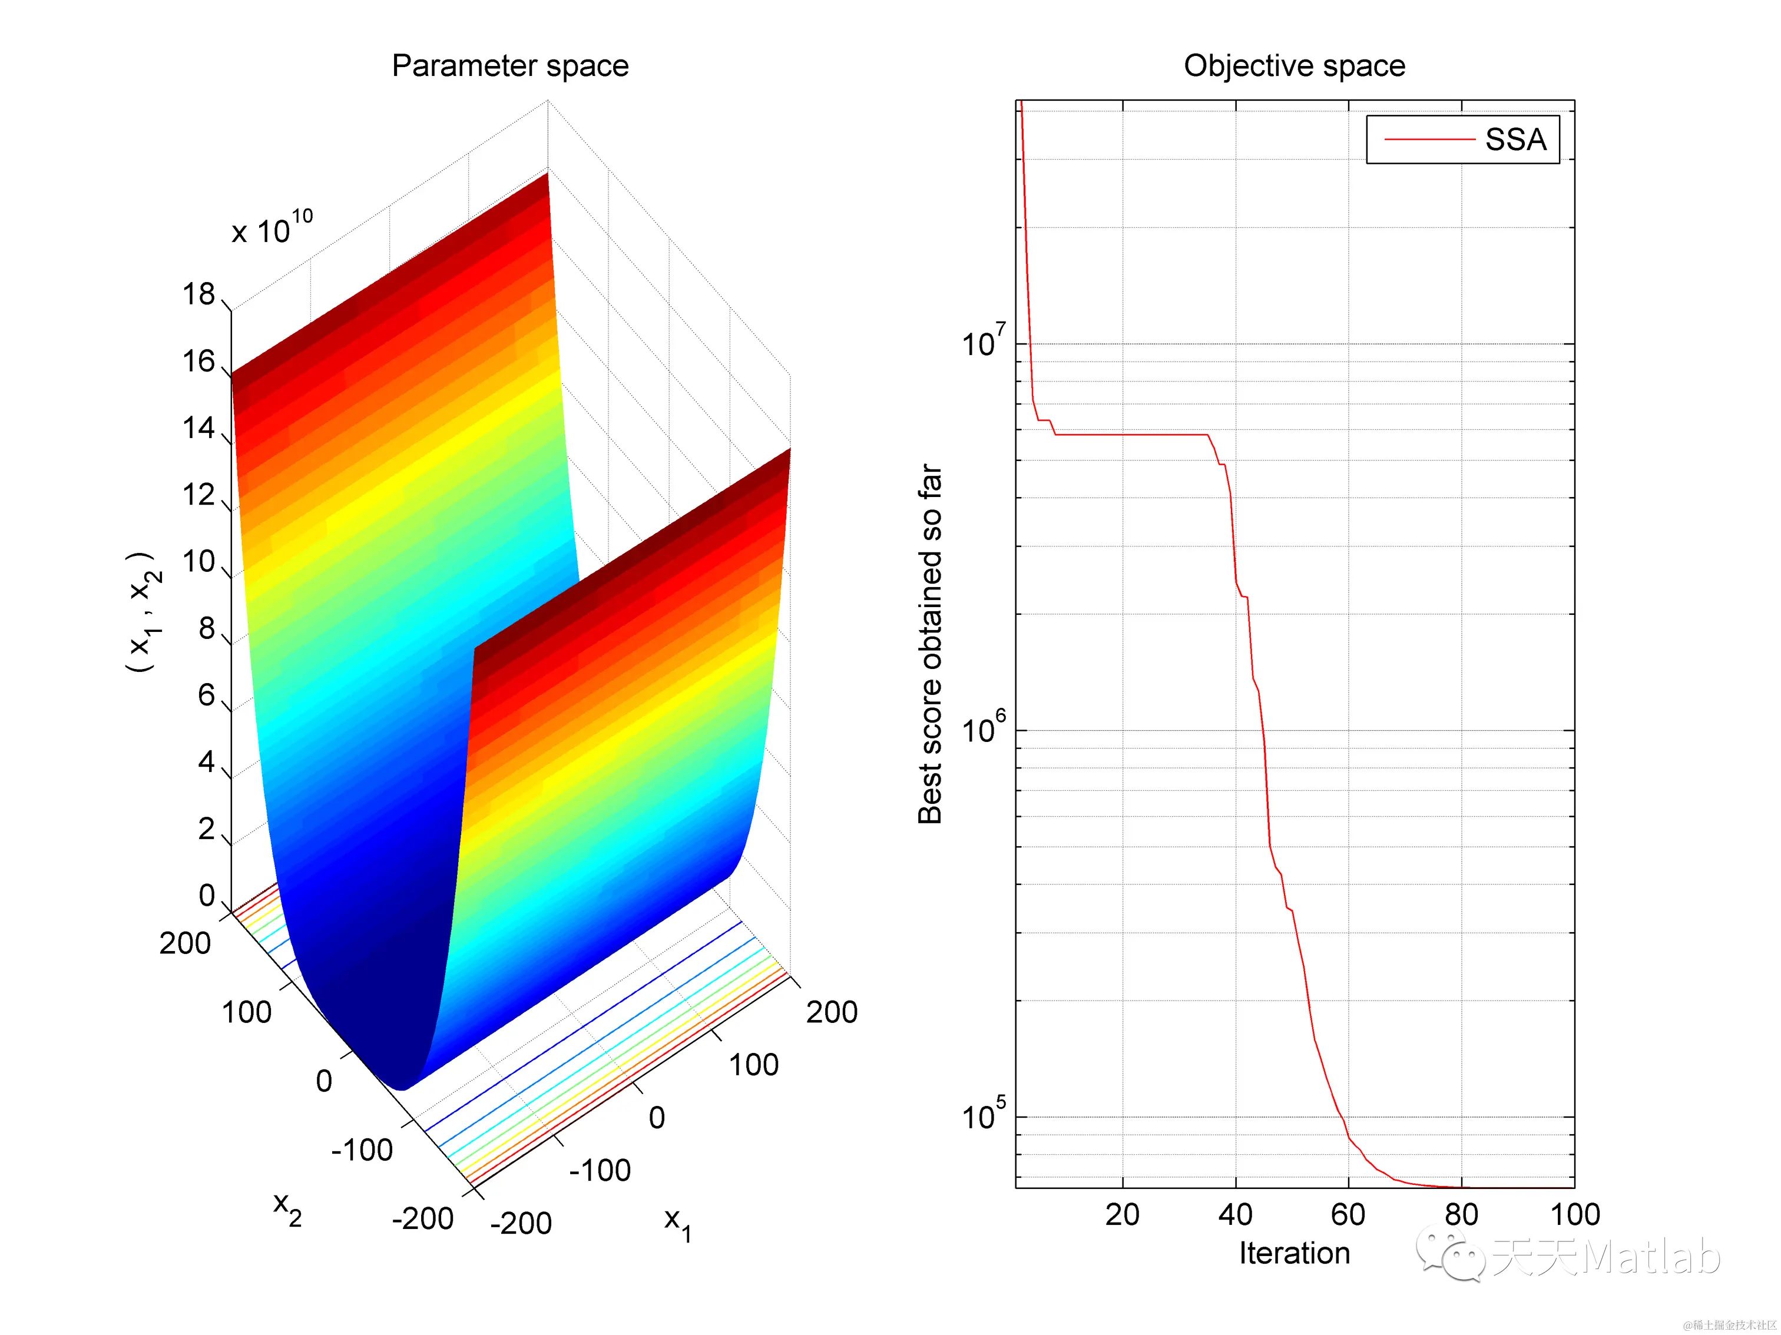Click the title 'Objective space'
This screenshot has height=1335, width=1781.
[1294, 66]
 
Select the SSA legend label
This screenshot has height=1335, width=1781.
[1515, 140]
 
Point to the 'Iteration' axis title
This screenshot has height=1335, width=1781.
[1294, 1254]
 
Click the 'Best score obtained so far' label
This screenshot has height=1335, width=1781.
[931, 644]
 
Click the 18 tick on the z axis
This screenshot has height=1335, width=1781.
[199, 294]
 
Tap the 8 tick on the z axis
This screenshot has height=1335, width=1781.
[207, 629]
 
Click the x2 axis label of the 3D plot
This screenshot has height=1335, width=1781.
[287, 1208]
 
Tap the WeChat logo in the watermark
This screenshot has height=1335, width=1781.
[1451, 1253]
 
